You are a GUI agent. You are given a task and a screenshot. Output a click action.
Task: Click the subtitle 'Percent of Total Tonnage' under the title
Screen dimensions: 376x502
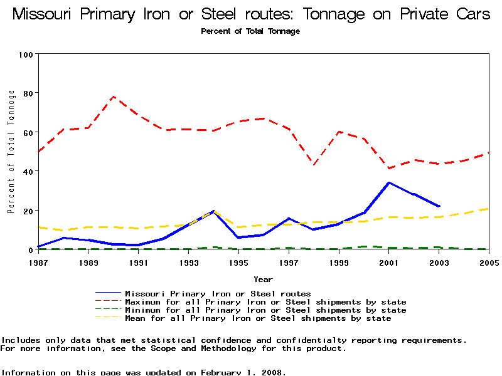pos(250,31)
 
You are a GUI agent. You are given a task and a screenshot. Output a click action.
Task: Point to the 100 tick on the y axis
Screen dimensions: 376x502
pos(25,55)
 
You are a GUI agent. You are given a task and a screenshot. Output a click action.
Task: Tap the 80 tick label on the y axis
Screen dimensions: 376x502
pos(28,93)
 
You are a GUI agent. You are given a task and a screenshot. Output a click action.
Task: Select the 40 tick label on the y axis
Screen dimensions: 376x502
pos(28,171)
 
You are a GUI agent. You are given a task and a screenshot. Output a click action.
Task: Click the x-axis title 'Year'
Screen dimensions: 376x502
pos(263,279)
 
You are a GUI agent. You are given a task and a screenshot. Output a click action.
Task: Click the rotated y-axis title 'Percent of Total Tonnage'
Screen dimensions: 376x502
pos(11,152)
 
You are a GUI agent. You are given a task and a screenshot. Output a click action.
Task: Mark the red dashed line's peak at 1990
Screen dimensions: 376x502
pos(114,97)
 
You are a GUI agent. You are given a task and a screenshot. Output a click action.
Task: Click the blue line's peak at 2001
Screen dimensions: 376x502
pos(389,182)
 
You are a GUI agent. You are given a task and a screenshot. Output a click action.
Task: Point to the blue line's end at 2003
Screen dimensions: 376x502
pos(439,206)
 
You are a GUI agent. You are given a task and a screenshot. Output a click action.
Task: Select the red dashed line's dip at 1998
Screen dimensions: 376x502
pos(314,164)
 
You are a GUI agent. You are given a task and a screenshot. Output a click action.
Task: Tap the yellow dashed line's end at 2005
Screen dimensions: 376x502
pos(488,209)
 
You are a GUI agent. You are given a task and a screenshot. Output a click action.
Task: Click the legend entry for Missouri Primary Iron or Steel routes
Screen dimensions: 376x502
pos(218,293)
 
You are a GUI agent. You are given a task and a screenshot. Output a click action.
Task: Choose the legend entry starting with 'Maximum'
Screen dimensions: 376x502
pos(265,302)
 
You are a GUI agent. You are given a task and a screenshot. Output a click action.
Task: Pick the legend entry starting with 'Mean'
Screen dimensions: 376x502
pos(258,318)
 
